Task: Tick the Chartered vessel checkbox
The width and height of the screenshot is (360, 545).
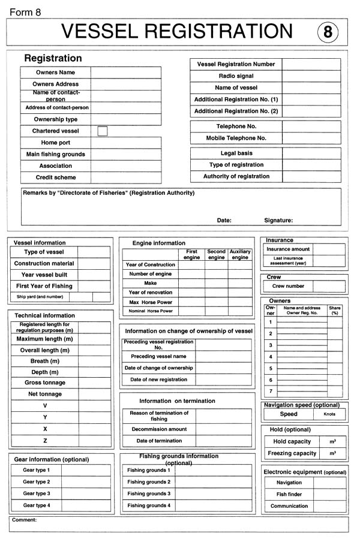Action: pos(102,131)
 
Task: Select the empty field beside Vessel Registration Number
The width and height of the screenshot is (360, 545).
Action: pos(311,64)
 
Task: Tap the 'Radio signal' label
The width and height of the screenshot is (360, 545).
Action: pos(236,76)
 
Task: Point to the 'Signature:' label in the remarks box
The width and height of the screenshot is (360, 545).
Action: pos(278,220)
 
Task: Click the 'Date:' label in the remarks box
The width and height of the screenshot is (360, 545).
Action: pos(224,220)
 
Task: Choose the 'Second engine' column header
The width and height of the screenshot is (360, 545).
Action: pos(216,255)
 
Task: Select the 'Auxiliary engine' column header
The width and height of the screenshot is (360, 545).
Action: pos(240,255)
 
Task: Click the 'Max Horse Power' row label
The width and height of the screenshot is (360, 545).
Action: pos(150,302)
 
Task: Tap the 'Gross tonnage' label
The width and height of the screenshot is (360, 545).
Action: pos(45,383)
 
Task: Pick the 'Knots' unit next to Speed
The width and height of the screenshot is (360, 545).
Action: pos(329,414)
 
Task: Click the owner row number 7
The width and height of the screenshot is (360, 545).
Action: pos(271,392)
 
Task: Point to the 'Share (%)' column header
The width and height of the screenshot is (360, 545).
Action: pos(334,311)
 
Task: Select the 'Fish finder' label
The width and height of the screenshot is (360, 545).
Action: pos(289,495)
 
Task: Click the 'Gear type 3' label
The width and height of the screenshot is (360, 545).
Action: pos(36,493)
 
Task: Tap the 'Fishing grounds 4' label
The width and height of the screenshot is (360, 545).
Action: pos(148,505)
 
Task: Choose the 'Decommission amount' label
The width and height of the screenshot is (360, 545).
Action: pos(159,429)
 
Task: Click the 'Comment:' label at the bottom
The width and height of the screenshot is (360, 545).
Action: pos(25,520)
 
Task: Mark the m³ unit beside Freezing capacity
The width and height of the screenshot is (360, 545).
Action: pos(332,453)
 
